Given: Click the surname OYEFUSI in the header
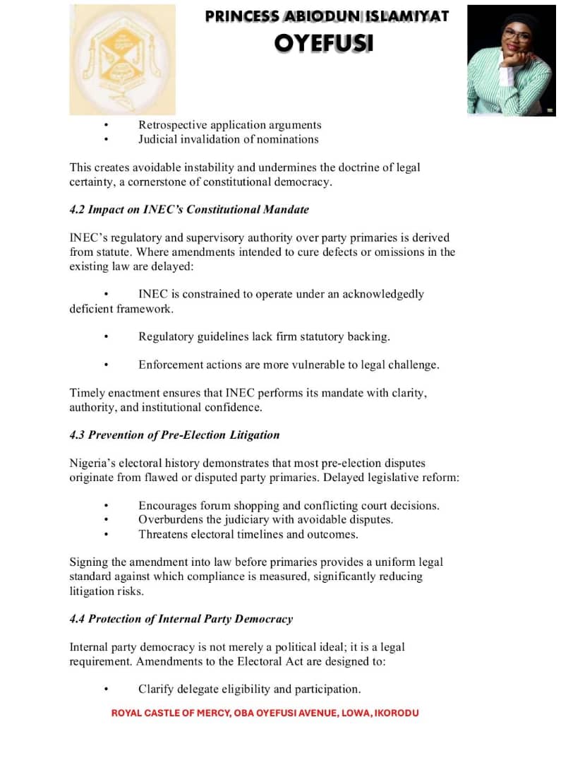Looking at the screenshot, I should point(324,44).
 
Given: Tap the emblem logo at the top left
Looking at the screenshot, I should point(122,60).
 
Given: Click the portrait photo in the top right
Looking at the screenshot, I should point(511,60).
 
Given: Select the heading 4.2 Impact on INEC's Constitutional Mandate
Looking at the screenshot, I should point(189,210).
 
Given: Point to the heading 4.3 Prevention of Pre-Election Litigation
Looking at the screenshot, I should point(174,435).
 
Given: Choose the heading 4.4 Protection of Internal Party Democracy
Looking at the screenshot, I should point(181,619).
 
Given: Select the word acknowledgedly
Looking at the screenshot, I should point(383,294).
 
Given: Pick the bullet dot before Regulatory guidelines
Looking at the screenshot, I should point(106,337).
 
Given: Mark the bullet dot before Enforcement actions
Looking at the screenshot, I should point(106,365).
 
